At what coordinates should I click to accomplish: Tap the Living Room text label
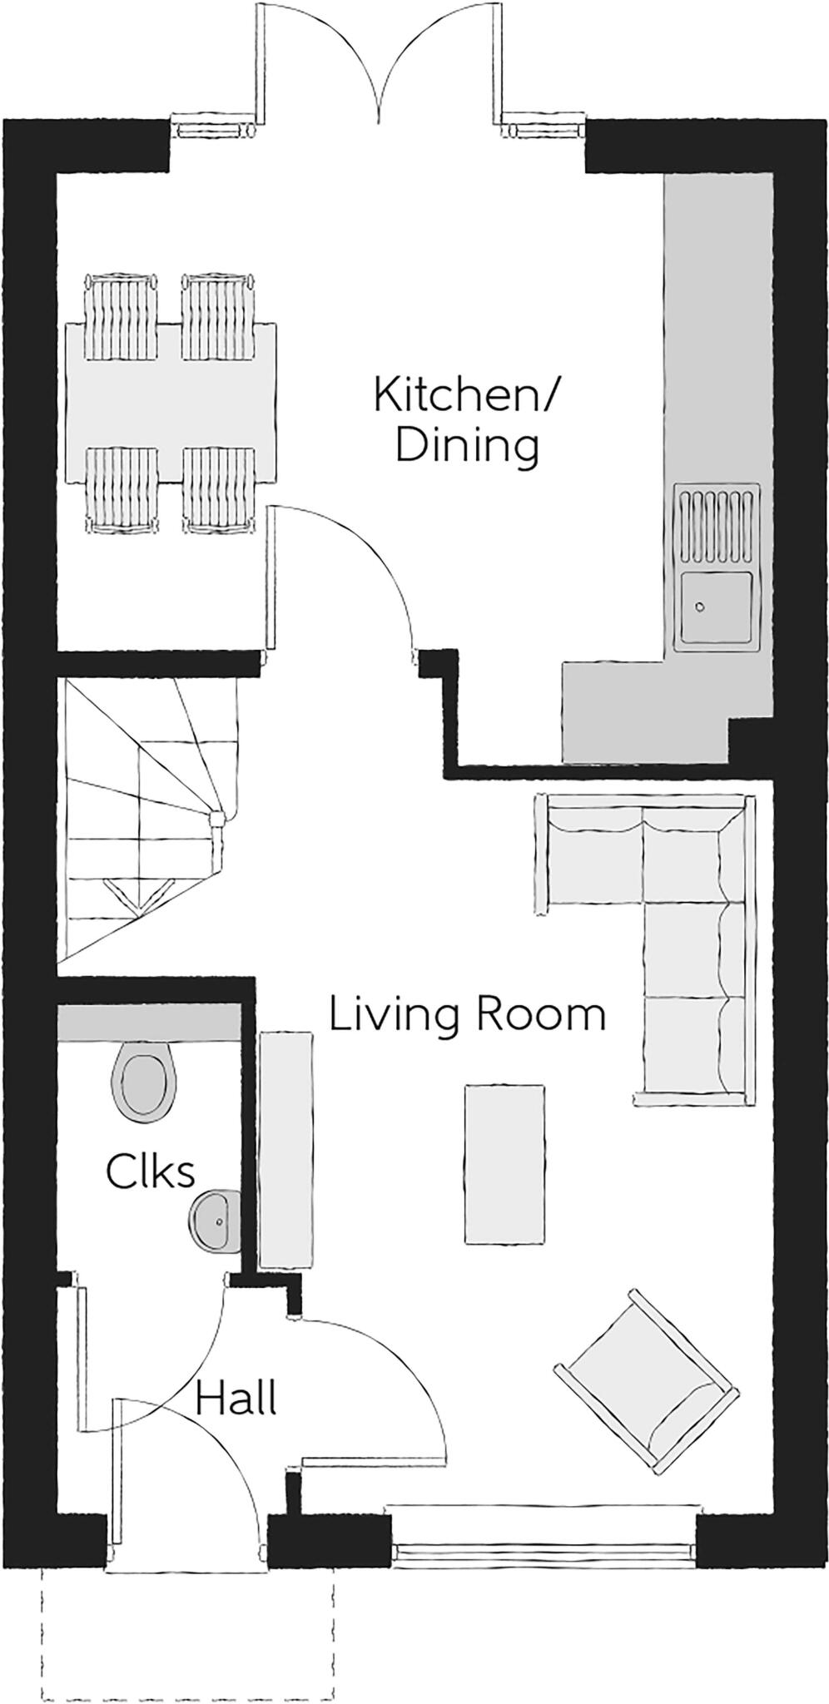click(x=466, y=1015)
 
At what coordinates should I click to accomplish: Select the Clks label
click(x=151, y=1171)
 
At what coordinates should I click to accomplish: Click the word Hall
click(x=236, y=1399)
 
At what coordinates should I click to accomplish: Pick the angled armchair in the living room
click(x=646, y=1382)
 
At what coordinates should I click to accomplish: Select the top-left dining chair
click(x=122, y=316)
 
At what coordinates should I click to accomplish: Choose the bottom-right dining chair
click(x=219, y=488)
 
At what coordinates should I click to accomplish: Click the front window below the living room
click(x=544, y=1526)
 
